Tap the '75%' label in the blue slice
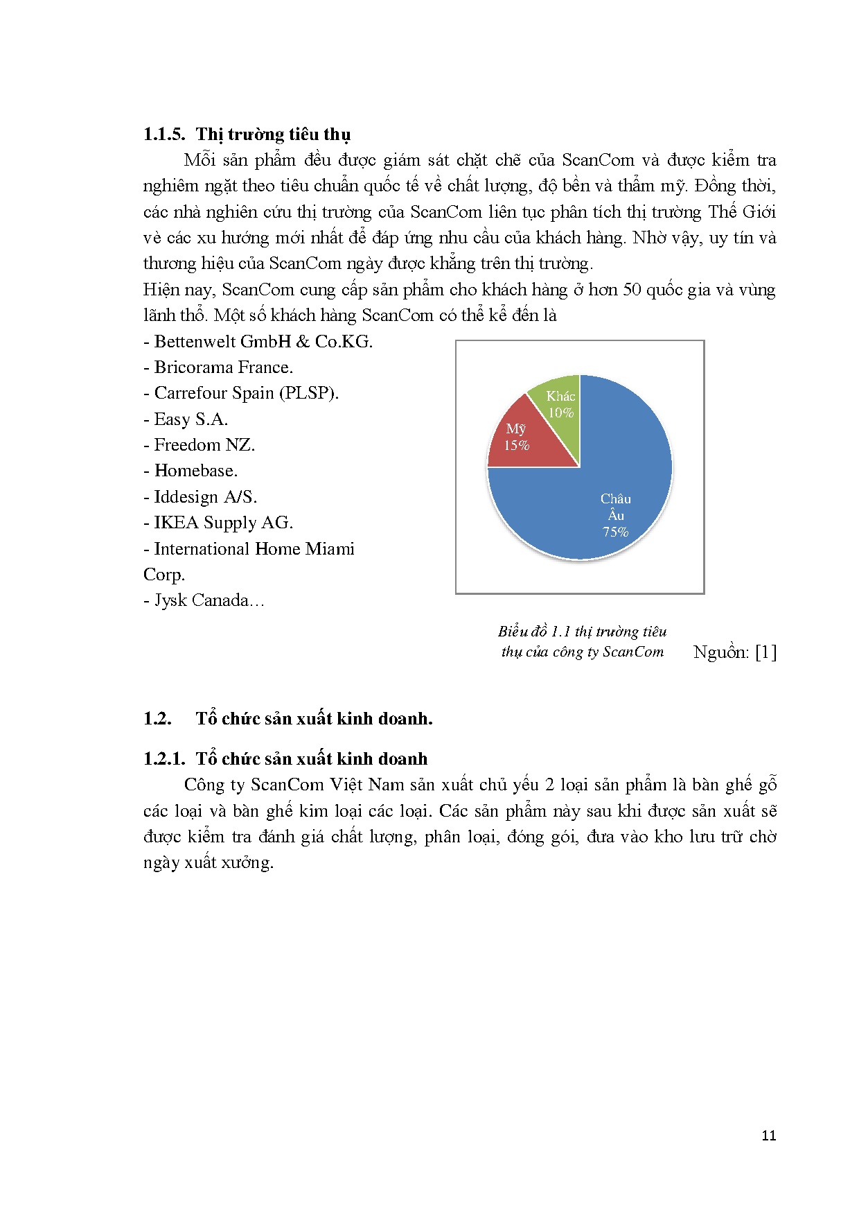pos(615,532)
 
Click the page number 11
pos(768,1135)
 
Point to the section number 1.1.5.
pos(164,134)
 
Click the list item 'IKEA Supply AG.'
pos(218,523)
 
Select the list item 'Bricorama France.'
pos(218,367)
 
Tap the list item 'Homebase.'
pos(191,471)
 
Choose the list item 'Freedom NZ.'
pos(200,445)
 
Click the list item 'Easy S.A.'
pos(186,419)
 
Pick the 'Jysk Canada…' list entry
pos(204,600)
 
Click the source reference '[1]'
pos(765,652)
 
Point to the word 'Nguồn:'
pos(721,652)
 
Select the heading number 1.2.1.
pos(164,759)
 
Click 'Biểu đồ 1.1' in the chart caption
pos(534,632)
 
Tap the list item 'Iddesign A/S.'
pos(200,497)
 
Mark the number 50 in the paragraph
pos(632,290)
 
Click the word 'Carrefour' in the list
pos(189,393)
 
